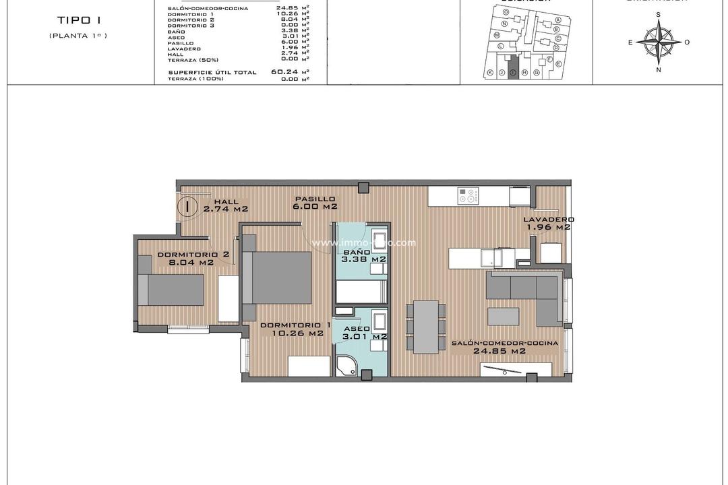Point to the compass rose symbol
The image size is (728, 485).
tap(659, 42)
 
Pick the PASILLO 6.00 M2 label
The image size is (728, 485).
tap(315, 203)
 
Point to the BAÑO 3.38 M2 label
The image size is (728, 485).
tap(363, 255)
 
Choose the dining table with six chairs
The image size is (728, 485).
tap(425, 326)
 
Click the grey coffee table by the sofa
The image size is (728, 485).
tap(504, 317)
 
